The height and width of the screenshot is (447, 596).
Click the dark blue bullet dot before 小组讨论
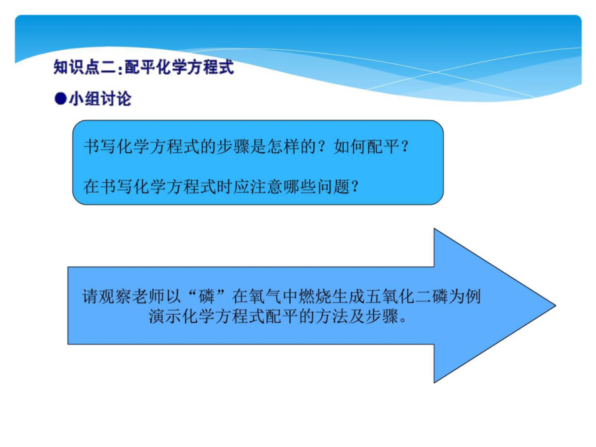click(x=60, y=99)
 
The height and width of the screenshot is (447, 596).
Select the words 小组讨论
click(x=100, y=99)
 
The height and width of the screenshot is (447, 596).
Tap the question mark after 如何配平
click(x=405, y=146)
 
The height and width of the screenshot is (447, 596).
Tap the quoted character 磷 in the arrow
click(x=207, y=297)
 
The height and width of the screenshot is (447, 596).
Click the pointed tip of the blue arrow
click(x=556, y=305)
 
